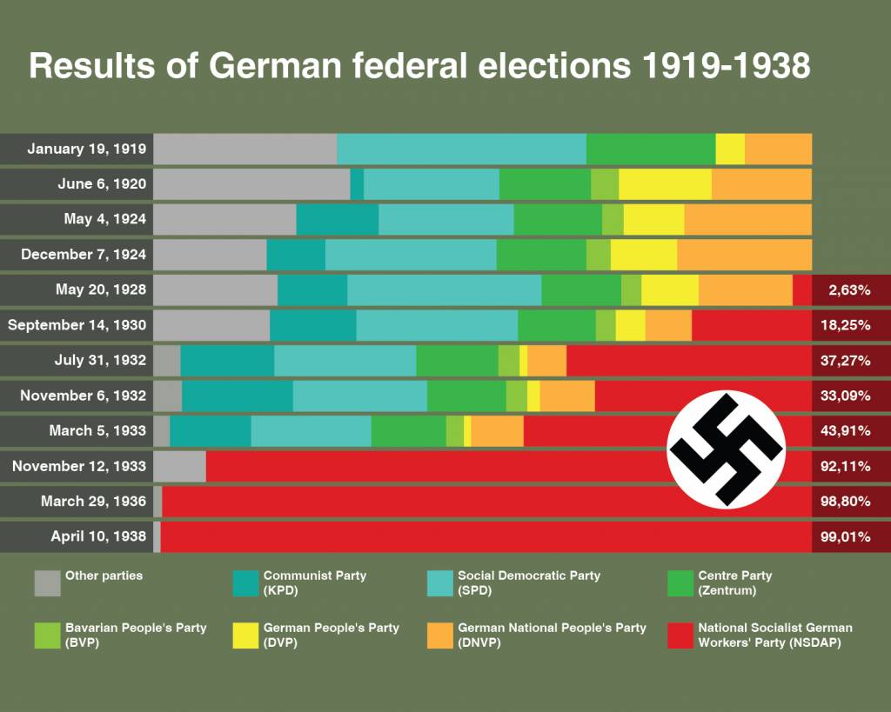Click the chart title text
[419, 66]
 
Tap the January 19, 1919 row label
[87, 149]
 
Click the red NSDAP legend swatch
[681, 635]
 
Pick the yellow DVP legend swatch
[246, 635]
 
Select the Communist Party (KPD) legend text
[314, 582]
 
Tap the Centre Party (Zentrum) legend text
[734, 582]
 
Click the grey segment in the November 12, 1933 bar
[179, 466]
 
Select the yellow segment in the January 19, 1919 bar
[730, 149]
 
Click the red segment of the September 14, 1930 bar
[751, 325]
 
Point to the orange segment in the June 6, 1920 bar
[761, 184]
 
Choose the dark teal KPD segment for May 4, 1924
[337, 219]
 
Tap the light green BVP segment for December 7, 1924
[598, 255]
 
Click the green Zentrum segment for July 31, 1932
[457, 360]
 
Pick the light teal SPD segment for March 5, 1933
[311, 431]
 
